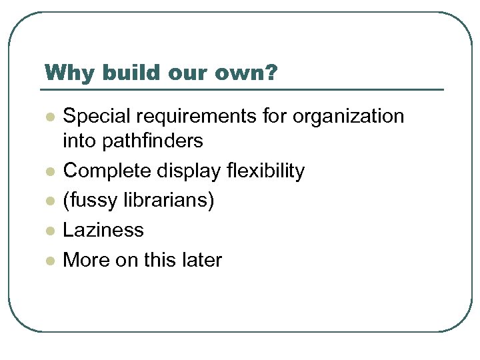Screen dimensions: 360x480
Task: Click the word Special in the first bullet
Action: pos(95,116)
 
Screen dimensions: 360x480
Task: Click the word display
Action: pos(192,171)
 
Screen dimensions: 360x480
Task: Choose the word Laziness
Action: pos(103,230)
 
